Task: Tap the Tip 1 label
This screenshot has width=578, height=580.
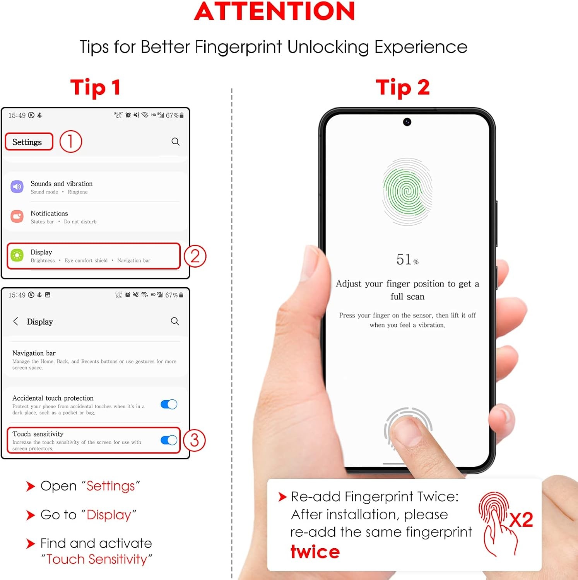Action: click(x=95, y=87)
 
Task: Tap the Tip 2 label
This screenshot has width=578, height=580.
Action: click(x=403, y=87)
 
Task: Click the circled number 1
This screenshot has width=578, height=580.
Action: click(x=71, y=142)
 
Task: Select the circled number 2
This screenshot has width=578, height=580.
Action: click(x=195, y=256)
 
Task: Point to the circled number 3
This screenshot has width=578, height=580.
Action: click(x=194, y=440)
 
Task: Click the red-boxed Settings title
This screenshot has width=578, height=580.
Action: click(x=29, y=142)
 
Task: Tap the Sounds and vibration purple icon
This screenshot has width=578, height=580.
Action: click(x=17, y=187)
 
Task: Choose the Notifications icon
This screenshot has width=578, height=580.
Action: click(x=17, y=217)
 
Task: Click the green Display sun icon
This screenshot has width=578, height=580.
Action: click(x=17, y=255)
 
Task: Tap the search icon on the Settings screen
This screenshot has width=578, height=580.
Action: click(x=176, y=142)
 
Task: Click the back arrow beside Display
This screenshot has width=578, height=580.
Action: click(x=15, y=321)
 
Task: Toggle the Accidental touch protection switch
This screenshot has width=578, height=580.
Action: click(x=169, y=404)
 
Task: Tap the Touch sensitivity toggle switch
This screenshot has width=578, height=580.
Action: click(x=169, y=440)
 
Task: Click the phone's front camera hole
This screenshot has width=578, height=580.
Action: click(x=407, y=122)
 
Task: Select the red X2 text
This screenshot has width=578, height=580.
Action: click(x=521, y=520)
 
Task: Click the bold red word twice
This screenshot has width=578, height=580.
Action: click(x=315, y=551)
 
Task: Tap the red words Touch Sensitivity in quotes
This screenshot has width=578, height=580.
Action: click(x=97, y=559)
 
